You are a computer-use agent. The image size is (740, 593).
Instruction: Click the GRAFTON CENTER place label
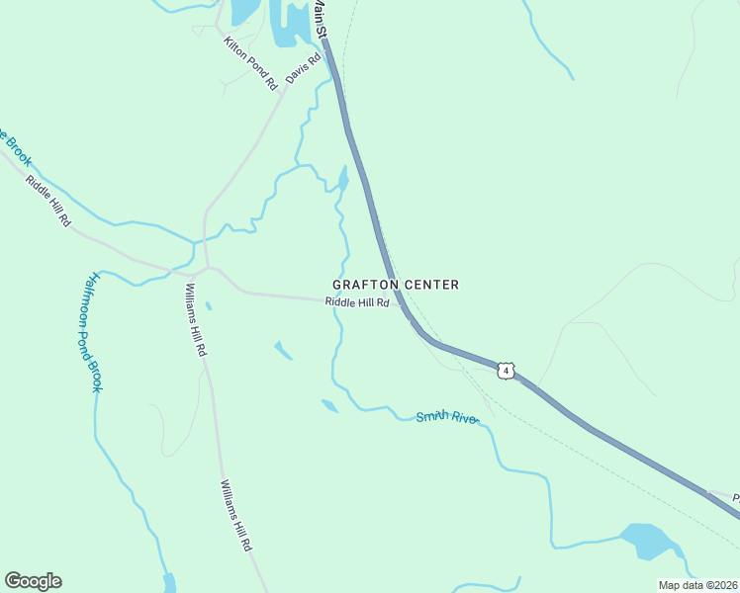pos(396,285)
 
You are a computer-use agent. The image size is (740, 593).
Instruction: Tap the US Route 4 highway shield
pos(506,371)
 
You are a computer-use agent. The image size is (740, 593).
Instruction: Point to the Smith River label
pos(447,418)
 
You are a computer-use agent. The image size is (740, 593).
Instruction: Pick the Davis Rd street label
pos(305,67)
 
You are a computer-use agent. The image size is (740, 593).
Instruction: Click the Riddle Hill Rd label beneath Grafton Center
pos(357,303)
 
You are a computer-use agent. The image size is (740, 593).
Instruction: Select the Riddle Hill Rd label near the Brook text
pos(48,202)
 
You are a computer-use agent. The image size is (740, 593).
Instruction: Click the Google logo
pos(33,581)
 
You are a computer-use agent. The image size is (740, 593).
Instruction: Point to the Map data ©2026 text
pos(696,585)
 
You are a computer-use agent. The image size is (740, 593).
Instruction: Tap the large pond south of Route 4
pos(648,541)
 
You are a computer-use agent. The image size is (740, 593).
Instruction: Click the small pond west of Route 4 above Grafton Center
pos(343,178)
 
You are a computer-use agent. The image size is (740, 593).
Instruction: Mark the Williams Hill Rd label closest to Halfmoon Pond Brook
pos(196,320)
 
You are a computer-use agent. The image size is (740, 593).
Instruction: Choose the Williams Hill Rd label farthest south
pos(235,515)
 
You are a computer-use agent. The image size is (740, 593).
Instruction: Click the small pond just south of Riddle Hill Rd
pos(283,350)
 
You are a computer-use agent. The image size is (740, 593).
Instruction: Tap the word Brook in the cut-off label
pos(18,147)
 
